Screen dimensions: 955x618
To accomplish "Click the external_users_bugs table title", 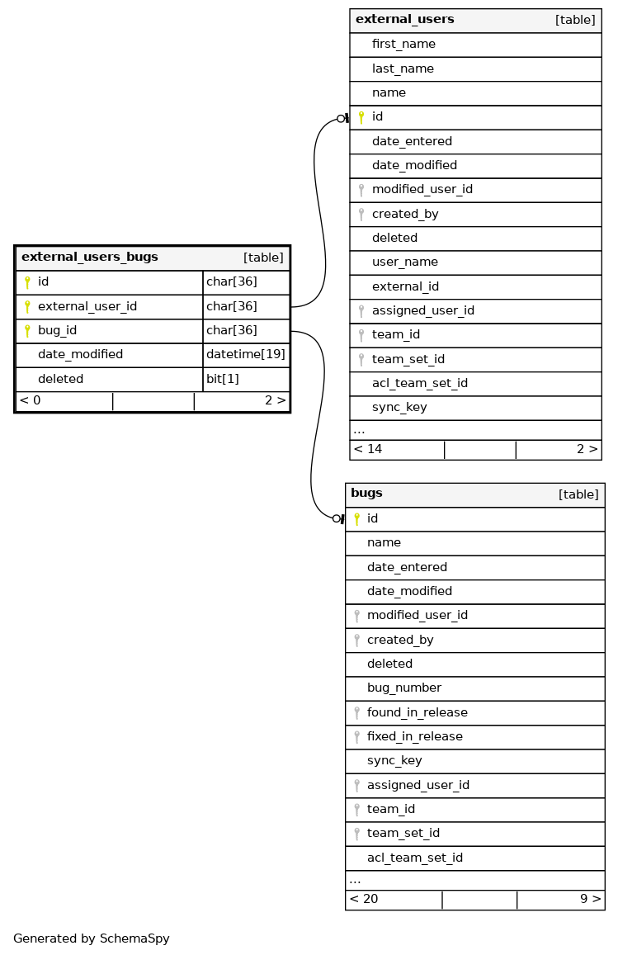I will [x=89, y=257].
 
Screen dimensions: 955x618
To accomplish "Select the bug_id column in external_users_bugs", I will [x=58, y=330].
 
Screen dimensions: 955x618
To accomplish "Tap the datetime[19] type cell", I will [x=245, y=354].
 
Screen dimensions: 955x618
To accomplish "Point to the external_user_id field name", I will [x=87, y=306].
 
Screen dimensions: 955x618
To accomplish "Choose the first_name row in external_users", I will [x=403, y=44].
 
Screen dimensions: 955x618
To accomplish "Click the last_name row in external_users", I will [x=403, y=69].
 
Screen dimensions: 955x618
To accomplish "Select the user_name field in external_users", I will [x=404, y=262].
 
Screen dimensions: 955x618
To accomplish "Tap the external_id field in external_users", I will [x=405, y=286].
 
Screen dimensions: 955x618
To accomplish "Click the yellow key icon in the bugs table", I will [x=356, y=518].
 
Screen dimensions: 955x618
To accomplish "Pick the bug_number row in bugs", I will [x=403, y=688].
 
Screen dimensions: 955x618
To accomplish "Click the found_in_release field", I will [x=417, y=712].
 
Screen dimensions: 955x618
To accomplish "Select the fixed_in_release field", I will [x=414, y=736].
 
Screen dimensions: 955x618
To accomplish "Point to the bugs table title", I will [x=366, y=494].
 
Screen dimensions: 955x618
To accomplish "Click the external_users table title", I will [x=404, y=19].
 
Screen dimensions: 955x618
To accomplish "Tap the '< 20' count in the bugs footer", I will [x=364, y=899].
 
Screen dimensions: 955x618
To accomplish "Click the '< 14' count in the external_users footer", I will [x=368, y=449].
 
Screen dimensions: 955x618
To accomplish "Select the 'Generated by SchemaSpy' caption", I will [x=91, y=938].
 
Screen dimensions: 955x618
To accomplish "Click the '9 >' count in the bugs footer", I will [x=590, y=899].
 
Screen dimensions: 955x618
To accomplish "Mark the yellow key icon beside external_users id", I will [x=361, y=117].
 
